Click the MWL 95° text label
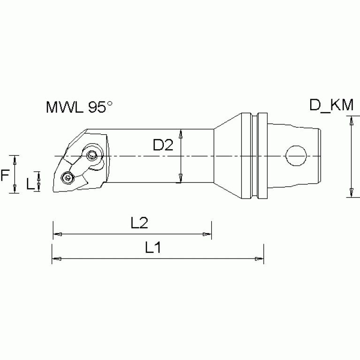pyautogui.click(x=79, y=107)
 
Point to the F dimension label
pyautogui.click(x=5, y=176)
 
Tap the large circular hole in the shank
pyautogui.click(x=296, y=155)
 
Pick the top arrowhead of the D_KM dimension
pyautogui.click(x=351, y=121)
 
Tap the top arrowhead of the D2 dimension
pyautogui.click(x=181, y=134)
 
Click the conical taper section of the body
pyautogui.click(x=228, y=155)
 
